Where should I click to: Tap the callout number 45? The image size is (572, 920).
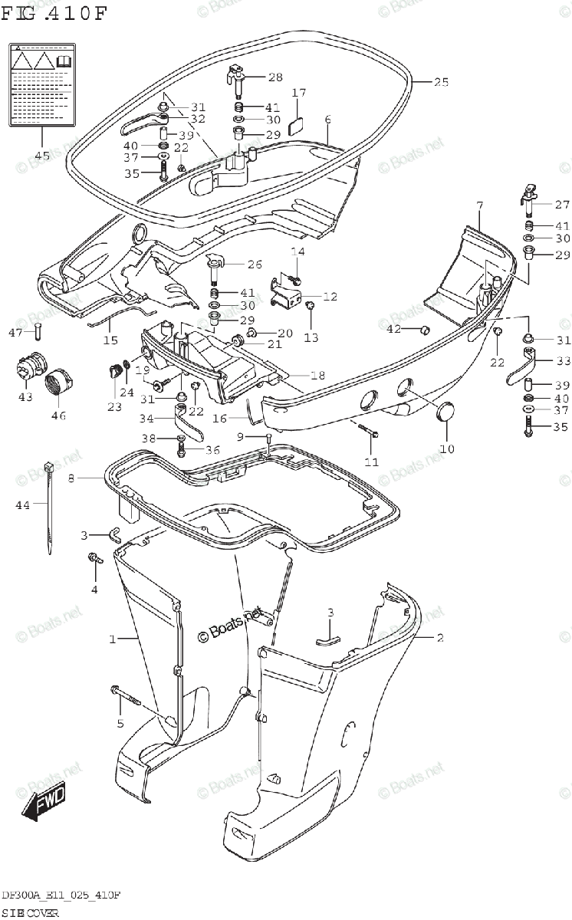tap(42, 156)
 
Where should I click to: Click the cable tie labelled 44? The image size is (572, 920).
tap(50, 506)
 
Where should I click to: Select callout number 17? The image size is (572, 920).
tap(298, 93)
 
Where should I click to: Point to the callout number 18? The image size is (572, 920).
tap(298, 375)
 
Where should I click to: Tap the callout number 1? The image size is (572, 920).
tap(112, 639)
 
